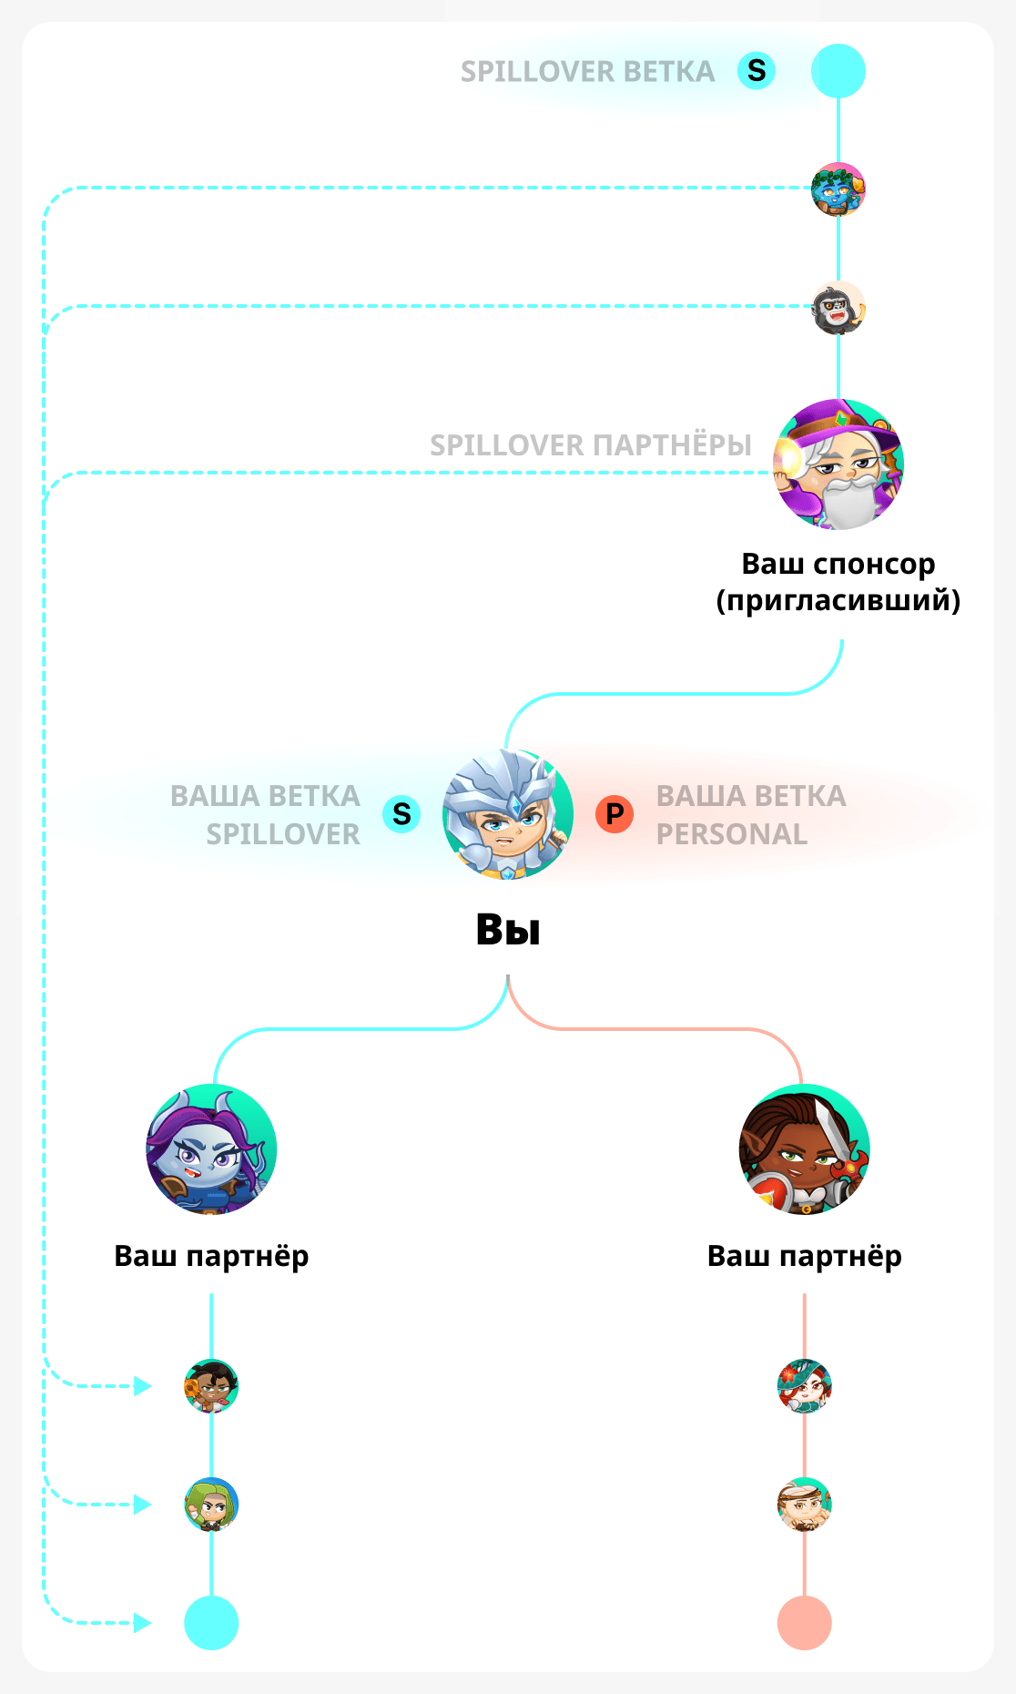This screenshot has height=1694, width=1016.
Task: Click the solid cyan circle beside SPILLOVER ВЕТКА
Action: [838, 71]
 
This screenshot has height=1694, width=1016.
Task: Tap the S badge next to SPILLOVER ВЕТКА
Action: [757, 71]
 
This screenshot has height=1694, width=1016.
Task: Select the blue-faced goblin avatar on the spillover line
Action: [838, 189]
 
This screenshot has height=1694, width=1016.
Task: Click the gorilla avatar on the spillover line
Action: [838, 308]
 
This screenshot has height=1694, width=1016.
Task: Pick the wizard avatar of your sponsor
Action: [838, 464]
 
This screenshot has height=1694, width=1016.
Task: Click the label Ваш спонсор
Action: [838, 565]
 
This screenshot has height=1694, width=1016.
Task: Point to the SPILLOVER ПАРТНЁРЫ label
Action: [591, 445]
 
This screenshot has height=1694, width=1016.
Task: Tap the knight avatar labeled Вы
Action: [508, 814]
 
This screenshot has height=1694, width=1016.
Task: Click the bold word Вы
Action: [508, 930]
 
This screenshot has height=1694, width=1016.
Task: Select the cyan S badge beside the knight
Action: [401, 813]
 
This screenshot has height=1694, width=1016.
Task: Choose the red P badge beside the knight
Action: [615, 813]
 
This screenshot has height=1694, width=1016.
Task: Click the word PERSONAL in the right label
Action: [732, 834]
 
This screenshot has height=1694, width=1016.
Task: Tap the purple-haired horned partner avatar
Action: [211, 1149]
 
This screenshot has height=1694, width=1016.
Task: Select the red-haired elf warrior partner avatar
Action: [805, 1149]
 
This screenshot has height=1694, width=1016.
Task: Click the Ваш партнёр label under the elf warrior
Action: [805, 1256]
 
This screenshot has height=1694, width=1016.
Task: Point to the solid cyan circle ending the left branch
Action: [211, 1623]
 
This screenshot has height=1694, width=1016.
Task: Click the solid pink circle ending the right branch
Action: [805, 1623]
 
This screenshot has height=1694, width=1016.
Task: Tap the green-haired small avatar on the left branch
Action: [211, 1505]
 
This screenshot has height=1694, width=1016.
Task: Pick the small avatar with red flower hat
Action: [805, 1386]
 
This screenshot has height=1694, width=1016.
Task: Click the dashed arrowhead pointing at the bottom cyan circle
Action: [143, 1623]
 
